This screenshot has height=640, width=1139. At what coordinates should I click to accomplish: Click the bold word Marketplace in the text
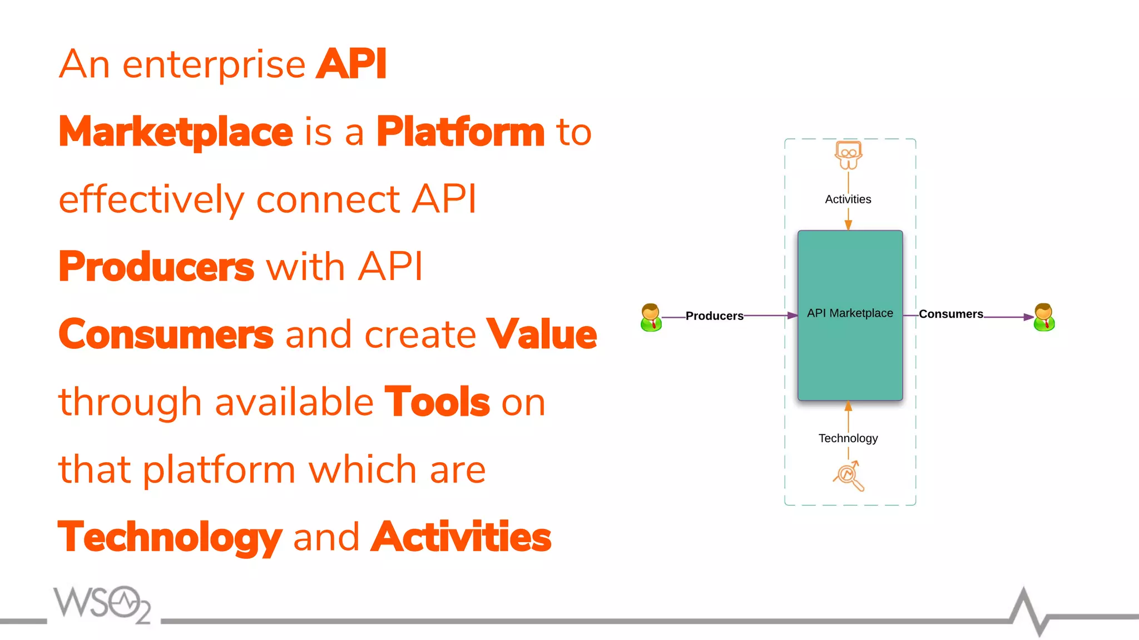click(176, 132)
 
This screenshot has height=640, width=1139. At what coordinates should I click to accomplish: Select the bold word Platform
click(460, 132)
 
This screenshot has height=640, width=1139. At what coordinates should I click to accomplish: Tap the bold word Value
click(541, 334)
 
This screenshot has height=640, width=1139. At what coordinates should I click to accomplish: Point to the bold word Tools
click(437, 402)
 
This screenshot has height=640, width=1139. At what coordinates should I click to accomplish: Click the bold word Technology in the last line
click(170, 537)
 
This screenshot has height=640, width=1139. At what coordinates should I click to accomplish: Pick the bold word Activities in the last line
click(460, 537)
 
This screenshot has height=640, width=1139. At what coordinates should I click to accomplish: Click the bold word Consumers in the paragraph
click(166, 334)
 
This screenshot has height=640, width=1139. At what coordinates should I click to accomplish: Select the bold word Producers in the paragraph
click(156, 267)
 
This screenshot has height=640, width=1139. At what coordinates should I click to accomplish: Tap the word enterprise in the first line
click(214, 65)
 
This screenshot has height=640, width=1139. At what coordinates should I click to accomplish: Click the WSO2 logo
click(102, 604)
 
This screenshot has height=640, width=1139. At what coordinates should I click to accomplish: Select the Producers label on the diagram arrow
click(714, 316)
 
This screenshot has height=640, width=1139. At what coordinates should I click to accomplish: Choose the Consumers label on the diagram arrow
click(950, 314)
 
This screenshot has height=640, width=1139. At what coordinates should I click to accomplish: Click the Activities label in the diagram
click(848, 199)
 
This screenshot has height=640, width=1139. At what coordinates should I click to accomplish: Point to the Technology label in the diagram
click(848, 438)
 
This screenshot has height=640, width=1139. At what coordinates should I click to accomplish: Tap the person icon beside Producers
click(651, 317)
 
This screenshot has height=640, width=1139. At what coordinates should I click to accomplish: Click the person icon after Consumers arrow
click(1044, 317)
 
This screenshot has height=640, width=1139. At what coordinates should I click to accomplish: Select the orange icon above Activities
click(848, 155)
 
